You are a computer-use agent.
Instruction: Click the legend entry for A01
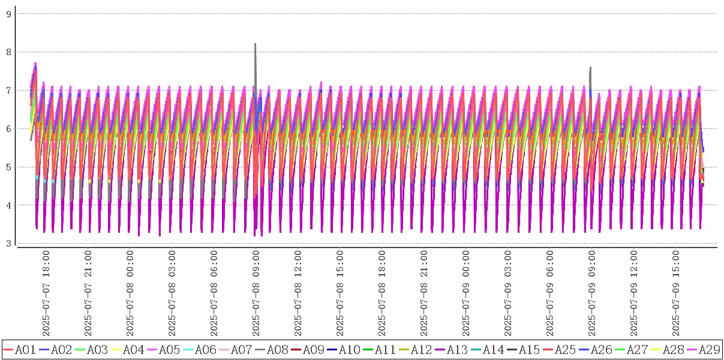pyautogui.click(x=19, y=349)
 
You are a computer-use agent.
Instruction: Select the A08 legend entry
pyautogui.click(x=271, y=349)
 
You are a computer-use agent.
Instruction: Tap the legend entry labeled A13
pyautogui.click(x=451, y=349)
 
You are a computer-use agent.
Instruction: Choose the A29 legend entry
pyautogui.click(x=703, y=349)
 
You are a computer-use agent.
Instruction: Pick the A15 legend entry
pyautogui.click(x=523, y=349)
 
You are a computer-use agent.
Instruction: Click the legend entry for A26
pyautogui.click(x=595, y=349)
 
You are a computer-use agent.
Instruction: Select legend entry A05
pyautogui.click(x=163, y=349)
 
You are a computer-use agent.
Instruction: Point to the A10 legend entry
pyautogui.click(x=343, y=349)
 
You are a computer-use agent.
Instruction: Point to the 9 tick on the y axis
pyautogui.click(x=9, y=13)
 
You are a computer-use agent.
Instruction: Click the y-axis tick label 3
pyautogui.click(x=9, y=243)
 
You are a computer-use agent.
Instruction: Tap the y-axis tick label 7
pyautogui.click(x=9, y=90)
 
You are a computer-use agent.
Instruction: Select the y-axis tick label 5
pyautogui.click(x=9, y=167)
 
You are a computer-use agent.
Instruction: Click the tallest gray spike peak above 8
pyautogui.click(x=256, y=44)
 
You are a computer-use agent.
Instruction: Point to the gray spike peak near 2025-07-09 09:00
pyautogui.click(x=591, y=68)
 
